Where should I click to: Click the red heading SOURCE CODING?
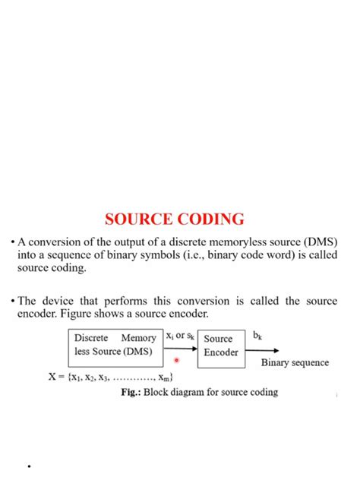click(175, 219)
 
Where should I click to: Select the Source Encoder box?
click(221, 346)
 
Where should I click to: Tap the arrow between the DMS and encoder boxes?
click(181, 351)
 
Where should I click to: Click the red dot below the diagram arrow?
click(176, 362)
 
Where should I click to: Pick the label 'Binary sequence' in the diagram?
click(295, 363)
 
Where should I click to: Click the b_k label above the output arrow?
click(257, 333)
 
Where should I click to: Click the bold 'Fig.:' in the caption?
click(133, 393)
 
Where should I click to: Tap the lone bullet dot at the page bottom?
click(28, 466)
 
